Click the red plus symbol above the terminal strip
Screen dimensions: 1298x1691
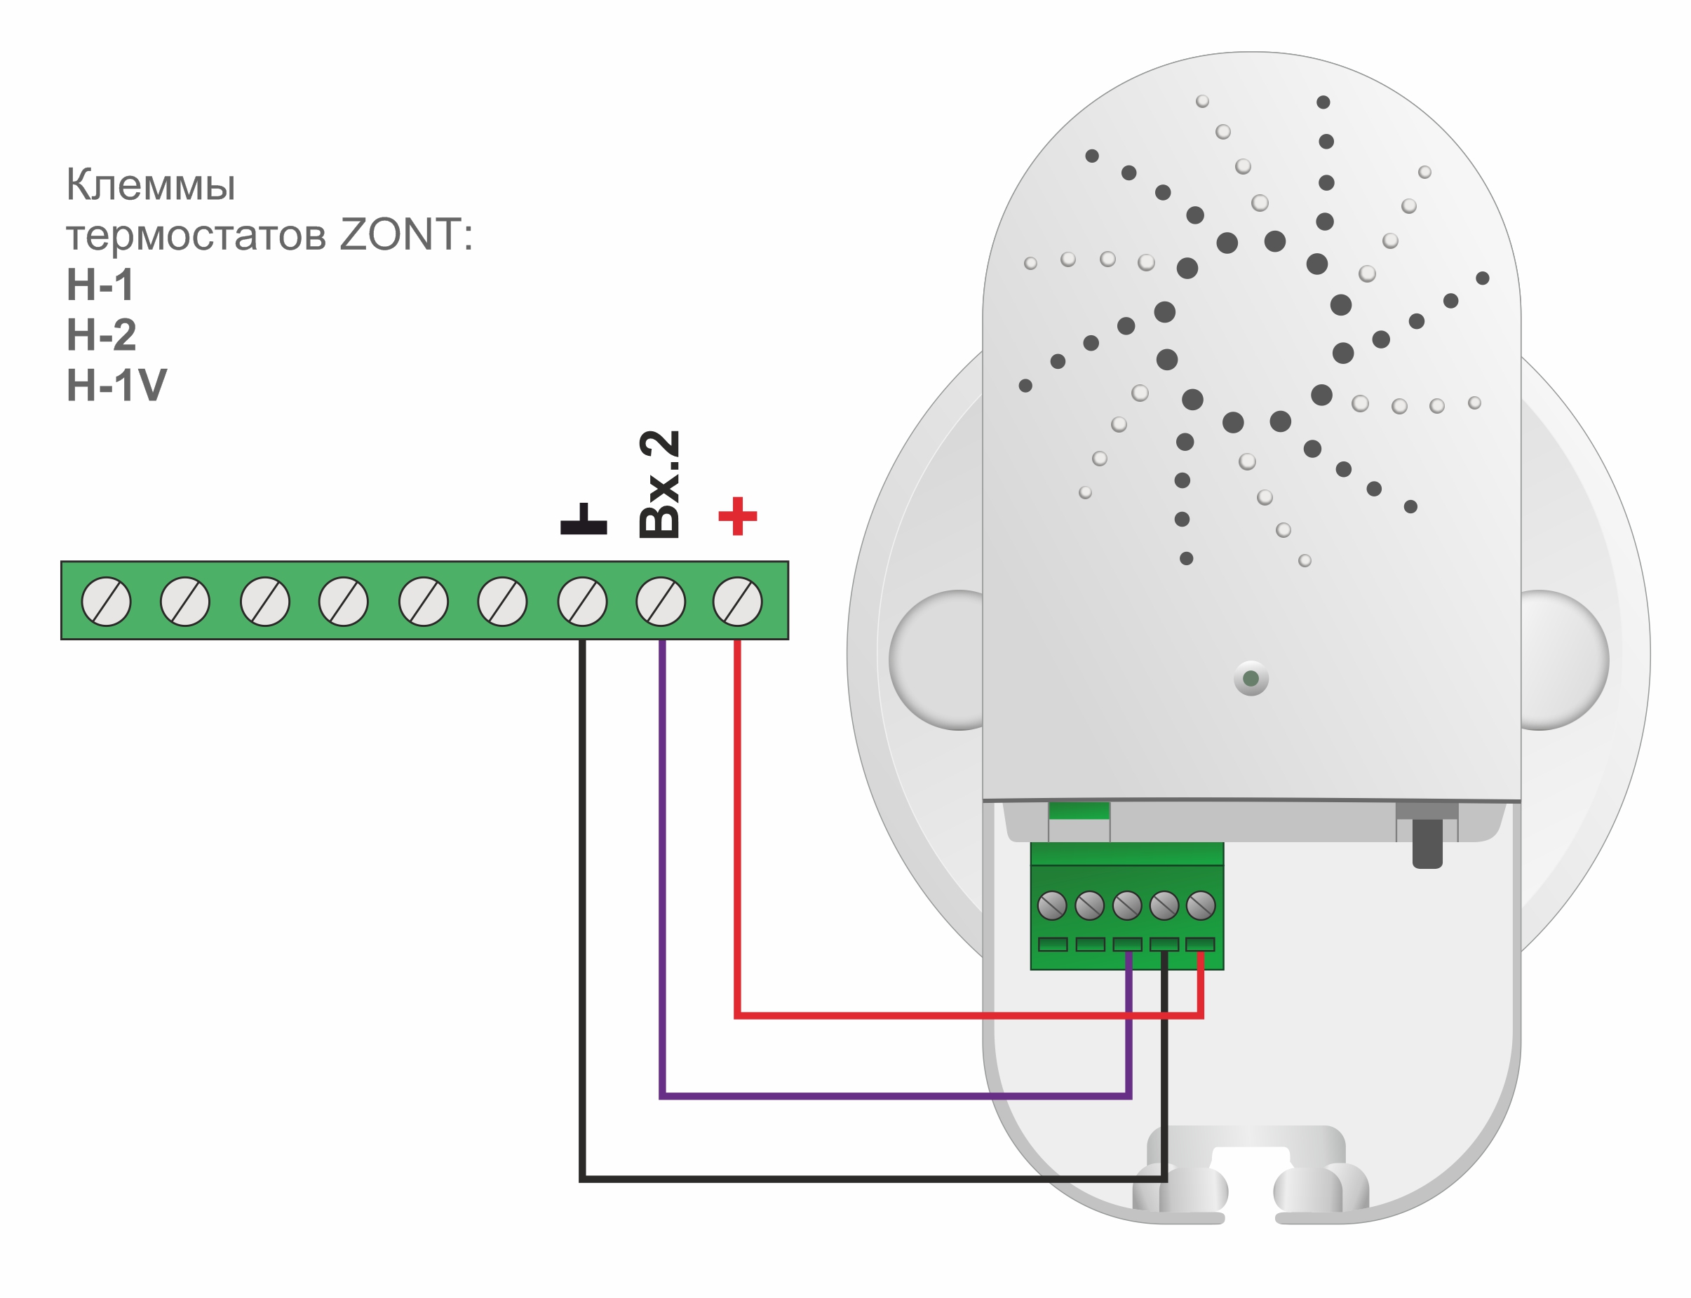[x=737, y=516]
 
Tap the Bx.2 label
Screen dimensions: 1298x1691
[x=659, y=485]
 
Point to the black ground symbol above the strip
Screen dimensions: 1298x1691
[x=584, y=520]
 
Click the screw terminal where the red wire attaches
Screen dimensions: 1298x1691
[x=737, y=601]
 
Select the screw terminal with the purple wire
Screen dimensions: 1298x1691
[x=660, y=601]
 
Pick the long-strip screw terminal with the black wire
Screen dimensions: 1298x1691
[x=582, y=601]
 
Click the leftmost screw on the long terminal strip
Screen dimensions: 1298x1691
[x=106, y=601]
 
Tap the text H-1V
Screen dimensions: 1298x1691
[x=116, y=385]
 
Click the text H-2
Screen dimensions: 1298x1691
[x=101, y=334]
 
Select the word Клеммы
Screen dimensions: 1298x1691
[x=151, y=184]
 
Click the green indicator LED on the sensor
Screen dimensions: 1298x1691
[x=1251, y=679]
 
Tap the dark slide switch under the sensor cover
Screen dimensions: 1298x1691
[x=1427, y=844]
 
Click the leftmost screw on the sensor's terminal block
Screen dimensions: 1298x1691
[x=1052, y=905]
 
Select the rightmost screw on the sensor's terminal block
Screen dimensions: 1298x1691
[x=1201, y=905]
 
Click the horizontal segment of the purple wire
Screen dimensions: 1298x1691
[x=889, y=1095]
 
